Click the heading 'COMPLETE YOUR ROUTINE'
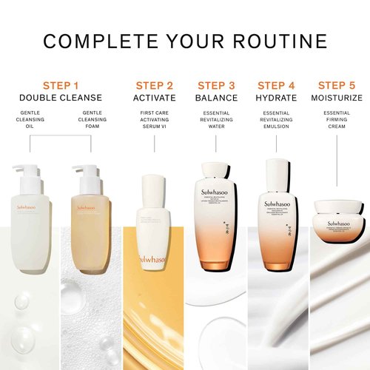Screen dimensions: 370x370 pos(185,41)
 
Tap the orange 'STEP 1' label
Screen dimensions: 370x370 pos(61,85)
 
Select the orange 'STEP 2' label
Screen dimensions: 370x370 pos(154,85)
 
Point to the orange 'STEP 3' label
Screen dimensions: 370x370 pos(217,85)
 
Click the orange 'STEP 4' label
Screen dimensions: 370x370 pos(275,85)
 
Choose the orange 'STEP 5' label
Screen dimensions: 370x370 pos(337,85)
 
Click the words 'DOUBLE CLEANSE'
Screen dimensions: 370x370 pos(61,98)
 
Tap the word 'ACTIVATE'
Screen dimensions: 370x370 pos(154,98)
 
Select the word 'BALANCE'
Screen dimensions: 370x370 pos(217,98)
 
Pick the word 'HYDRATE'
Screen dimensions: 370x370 pos(275,98)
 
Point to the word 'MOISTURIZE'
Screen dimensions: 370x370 pos(337,98)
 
